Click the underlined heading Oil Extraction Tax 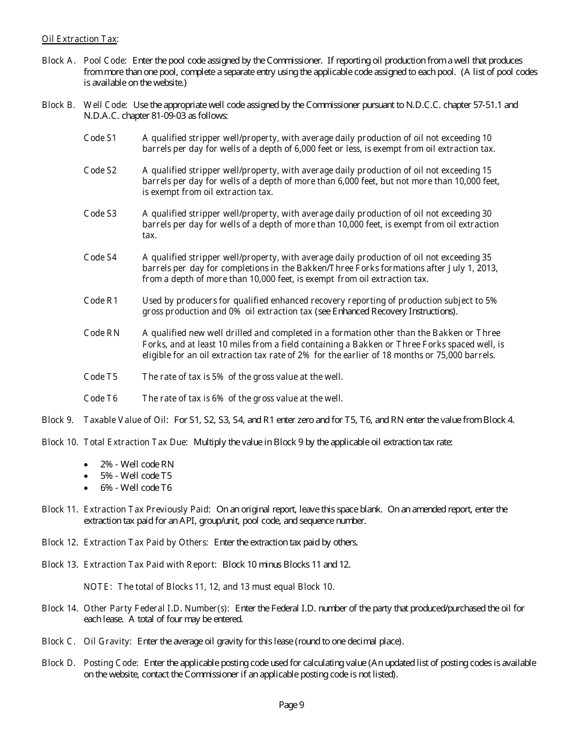point(80,39)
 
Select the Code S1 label point(100,138)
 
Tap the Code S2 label point(100,170)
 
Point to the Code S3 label point(100,214)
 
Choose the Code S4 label point(100,257)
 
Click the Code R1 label point(101,301)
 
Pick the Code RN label point(101,333)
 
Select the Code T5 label point(100,377)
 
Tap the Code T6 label point(100,398)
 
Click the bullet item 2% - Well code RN point(137,464)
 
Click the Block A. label point(58,61)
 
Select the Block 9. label point(58,420)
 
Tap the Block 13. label point(60,565)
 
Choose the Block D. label point(58,663)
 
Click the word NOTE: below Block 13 point(98,587)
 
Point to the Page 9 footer point(292,705)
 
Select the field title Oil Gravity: point(107,641)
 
